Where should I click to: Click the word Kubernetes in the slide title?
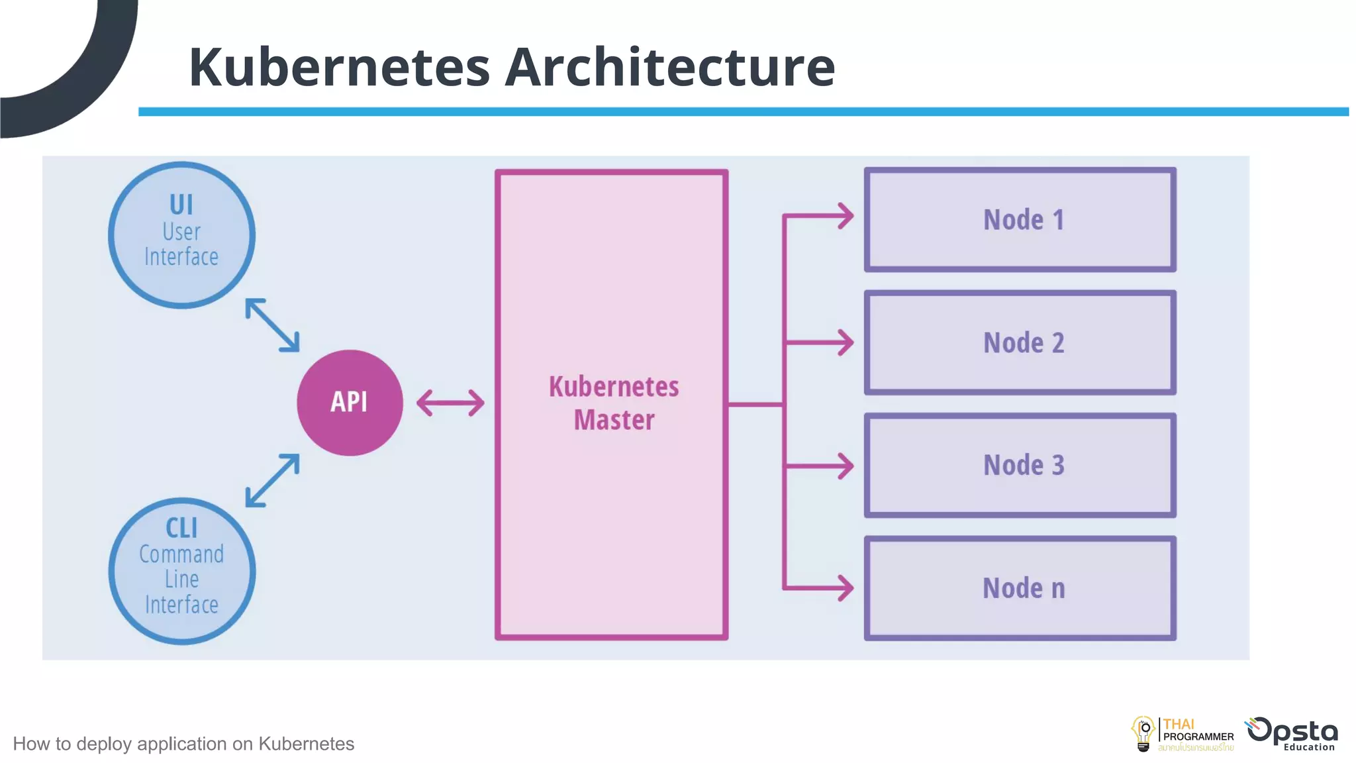339,68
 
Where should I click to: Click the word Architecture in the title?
669,68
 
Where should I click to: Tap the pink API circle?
350,402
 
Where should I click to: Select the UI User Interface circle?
181,234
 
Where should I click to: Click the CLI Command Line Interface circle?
181,571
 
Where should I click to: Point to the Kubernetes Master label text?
614,403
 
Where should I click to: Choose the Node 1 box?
1020,220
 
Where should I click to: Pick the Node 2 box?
1020,342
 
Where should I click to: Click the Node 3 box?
1020,465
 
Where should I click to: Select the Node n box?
1020,588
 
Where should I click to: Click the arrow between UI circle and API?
272,325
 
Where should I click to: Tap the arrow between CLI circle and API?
272,480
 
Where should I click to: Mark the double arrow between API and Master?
450,403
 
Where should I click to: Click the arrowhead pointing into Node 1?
845,216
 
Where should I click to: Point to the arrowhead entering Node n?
845,588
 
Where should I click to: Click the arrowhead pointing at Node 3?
845,466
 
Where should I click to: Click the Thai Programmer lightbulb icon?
1143,734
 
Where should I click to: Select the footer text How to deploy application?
183,744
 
